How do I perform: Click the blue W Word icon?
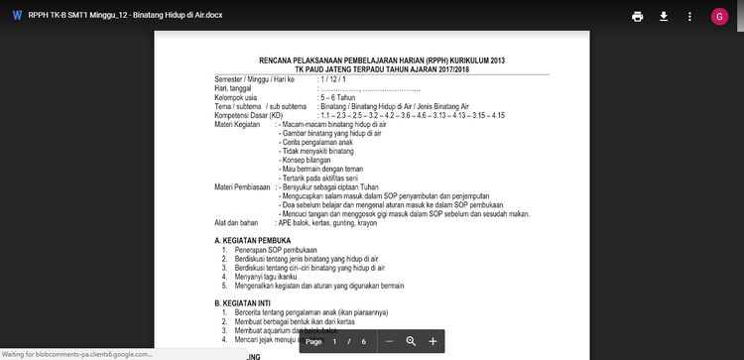[x=17, y=16]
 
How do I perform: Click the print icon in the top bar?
[x=637, y=17]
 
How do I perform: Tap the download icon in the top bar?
[x=663, y=17]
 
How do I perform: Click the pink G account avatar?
[x=719, y=17]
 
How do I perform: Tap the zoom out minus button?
[x=389, y=341]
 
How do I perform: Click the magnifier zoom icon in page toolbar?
[x=411, y=341]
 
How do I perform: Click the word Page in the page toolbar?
[x=314, y=341]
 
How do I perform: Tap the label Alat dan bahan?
[x=236, y=223]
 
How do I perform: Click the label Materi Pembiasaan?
[x=242, y=186]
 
